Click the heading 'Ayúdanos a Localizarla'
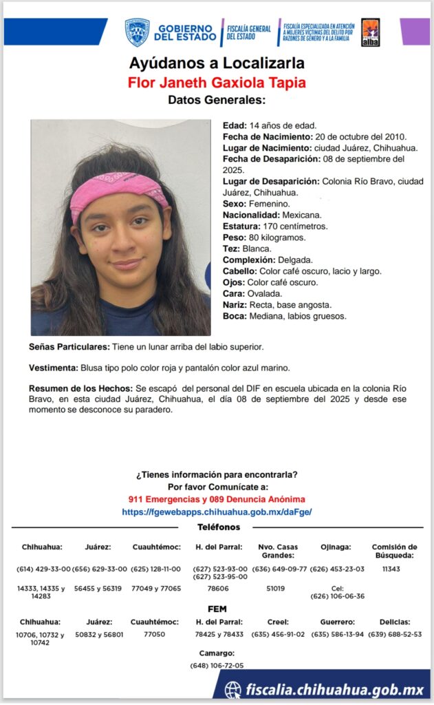click(x=217, y=64)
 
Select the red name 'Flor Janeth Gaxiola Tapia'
click(x=217, y=83)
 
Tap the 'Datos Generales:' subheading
click(x=217, y=101)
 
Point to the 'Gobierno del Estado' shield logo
click(x=137, y=32)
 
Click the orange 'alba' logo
click(x=370, y=32)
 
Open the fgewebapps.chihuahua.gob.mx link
click(x=217, y=512)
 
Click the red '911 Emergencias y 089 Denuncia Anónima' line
click(x=217, y=499)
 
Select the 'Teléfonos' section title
click(x=219, y=527)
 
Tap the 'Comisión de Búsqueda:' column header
click(x=394, y=551)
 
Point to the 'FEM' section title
click(x=217, y=609)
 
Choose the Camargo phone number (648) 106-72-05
click(x=217, y=666)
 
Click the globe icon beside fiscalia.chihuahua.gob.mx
click(x=234, y=689)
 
